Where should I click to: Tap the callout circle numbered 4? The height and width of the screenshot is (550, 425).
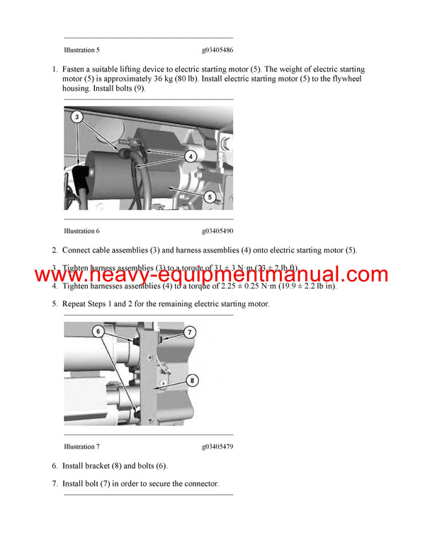(x=191, y=155)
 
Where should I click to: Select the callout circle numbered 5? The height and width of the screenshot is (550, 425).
(x=210, y=198)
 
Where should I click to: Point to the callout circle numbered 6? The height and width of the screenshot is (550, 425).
(x=99, y=331)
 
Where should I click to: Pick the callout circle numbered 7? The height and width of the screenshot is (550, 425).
(x=189, y=332)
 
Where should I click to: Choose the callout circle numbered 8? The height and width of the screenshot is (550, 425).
(x=191, y=381)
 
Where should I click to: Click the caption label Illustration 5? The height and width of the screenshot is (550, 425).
(x=81, y=50)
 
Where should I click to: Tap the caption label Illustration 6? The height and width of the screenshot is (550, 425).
(x=81, y=231)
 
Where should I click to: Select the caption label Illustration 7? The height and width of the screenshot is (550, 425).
(x=81, y=447)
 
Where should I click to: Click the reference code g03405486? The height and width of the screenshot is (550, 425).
(x=217, y=50)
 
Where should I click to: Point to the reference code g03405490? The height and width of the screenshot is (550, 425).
(x=217, y=231)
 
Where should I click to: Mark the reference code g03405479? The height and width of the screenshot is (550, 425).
(x=217, y=447)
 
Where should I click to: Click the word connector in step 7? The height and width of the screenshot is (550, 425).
(x=200, y=484)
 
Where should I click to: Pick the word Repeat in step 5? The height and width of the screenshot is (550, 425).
(x=76, y=304)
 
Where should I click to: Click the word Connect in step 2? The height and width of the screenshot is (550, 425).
(x=78, y=250)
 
